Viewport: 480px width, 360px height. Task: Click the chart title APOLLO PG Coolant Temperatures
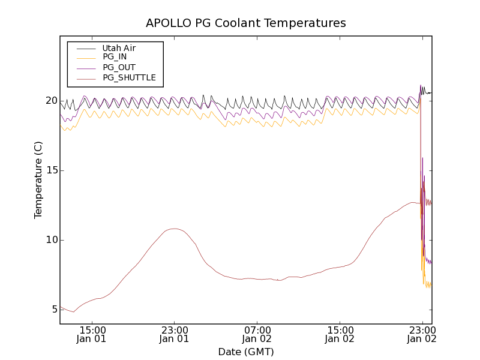point(246,23)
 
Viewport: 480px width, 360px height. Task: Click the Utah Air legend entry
point(119,48)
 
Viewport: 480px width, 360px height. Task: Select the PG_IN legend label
point(115,57)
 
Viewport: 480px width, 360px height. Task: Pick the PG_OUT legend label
point(119,67)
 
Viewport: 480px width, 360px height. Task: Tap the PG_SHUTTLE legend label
point(129,77)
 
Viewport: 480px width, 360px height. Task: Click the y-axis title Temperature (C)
point(38,180)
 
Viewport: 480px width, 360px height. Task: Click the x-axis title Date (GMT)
point(246,352)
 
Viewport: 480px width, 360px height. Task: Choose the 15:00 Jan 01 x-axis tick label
point(92,334)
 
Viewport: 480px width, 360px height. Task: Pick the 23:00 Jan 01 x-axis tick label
point(174,334)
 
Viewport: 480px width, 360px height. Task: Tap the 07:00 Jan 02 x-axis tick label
point(257,334)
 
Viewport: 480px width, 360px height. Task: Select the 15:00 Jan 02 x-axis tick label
point(340,334)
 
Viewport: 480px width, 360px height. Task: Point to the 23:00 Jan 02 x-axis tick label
point(422,334)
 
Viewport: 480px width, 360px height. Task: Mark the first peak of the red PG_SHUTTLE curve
point(174,229)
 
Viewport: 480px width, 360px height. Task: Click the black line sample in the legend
point(85,48)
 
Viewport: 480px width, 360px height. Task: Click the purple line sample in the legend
point(85,67)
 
